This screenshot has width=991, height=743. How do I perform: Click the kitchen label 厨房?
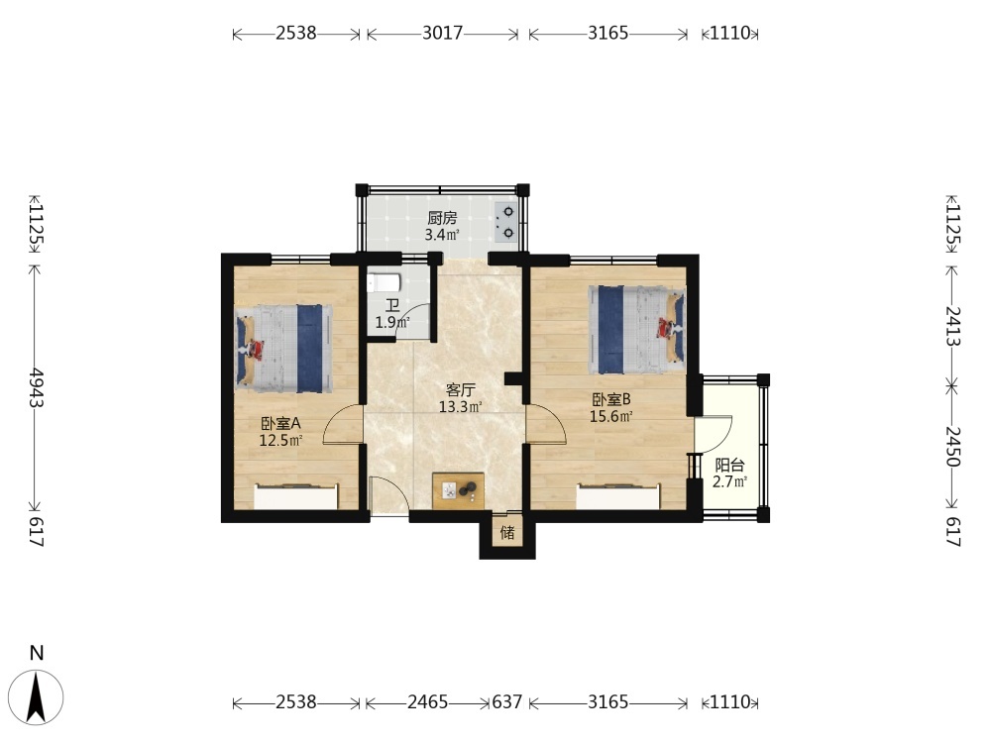[x=442, y=219]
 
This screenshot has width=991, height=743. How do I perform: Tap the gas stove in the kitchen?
[x=506, y=222]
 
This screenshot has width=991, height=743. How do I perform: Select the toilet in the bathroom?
[x=383, y=282]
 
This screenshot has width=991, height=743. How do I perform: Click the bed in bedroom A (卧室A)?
[x=283, y=346]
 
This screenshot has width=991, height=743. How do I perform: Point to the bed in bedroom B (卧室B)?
[x=637, y=329]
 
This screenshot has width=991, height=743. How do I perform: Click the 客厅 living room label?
[x=460, y=389]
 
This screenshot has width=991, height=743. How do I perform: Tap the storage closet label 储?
[x=507, y=533]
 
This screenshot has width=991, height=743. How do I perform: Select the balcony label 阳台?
[x=729, y=466]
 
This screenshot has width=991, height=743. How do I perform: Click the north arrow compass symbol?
[x=37, y=696]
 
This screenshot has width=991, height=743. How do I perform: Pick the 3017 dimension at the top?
[x=442, y=33]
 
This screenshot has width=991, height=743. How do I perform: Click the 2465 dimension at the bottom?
[x=428, y=702]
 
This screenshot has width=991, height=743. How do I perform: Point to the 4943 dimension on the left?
[x=36, y=387]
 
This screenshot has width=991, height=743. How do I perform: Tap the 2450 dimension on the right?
[x=953, y=447]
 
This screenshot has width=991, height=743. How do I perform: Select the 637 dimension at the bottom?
[x=507, y=702]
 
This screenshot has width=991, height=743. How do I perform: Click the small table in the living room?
[x=459, y=490]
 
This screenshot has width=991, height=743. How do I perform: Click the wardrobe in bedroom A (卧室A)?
[x=295, y=496]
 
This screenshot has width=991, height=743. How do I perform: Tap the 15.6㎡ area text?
[x=611, y=416]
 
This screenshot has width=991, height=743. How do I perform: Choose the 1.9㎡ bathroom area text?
[x=392, y=323]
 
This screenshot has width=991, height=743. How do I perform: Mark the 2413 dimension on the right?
[x=953, y=325]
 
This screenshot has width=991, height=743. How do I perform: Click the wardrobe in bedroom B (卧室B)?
[x=618, y=496]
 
